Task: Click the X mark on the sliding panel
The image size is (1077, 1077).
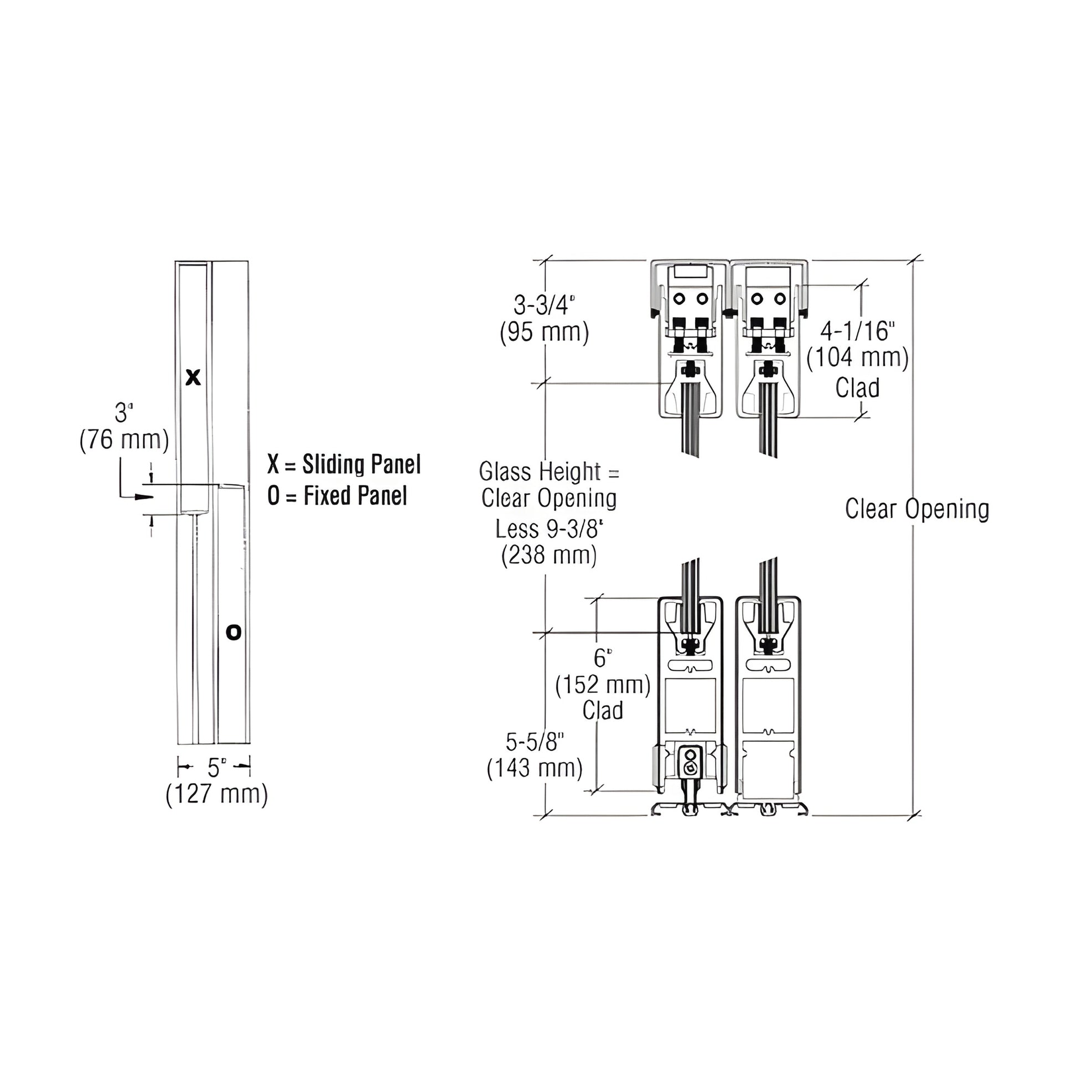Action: (x=193, y=378)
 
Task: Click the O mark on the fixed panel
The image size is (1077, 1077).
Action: (x=234, y=632)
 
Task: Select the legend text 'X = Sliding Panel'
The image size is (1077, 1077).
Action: (x=344, y=464)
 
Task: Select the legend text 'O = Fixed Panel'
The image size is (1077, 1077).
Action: (x=337, y=495)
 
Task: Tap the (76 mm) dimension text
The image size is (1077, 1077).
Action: (x=124, y=440)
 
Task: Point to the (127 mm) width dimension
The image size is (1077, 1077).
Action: (x=217, y=794)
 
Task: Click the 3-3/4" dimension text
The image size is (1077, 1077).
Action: (x=544, y=306)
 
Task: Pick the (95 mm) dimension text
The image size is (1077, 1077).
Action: (x=544, y=333)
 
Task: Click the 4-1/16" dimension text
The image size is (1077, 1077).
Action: (x=857, y=331)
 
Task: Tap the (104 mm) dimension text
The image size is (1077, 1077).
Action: (x=857, y=358)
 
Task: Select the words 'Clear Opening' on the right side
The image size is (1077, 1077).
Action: (x=917, y=509)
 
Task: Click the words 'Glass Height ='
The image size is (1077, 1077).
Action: (x=549, y=472)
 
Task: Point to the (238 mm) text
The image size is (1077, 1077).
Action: (x=549, y=556)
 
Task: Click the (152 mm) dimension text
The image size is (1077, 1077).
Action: (x=603, y=685)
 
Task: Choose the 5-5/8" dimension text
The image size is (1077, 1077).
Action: (x=535, y=742)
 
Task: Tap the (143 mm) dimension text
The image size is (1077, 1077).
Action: (x=535, y=768)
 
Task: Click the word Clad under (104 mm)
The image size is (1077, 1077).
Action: (x=857, y=388)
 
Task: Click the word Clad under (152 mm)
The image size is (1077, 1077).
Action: (x=603, y=711)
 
